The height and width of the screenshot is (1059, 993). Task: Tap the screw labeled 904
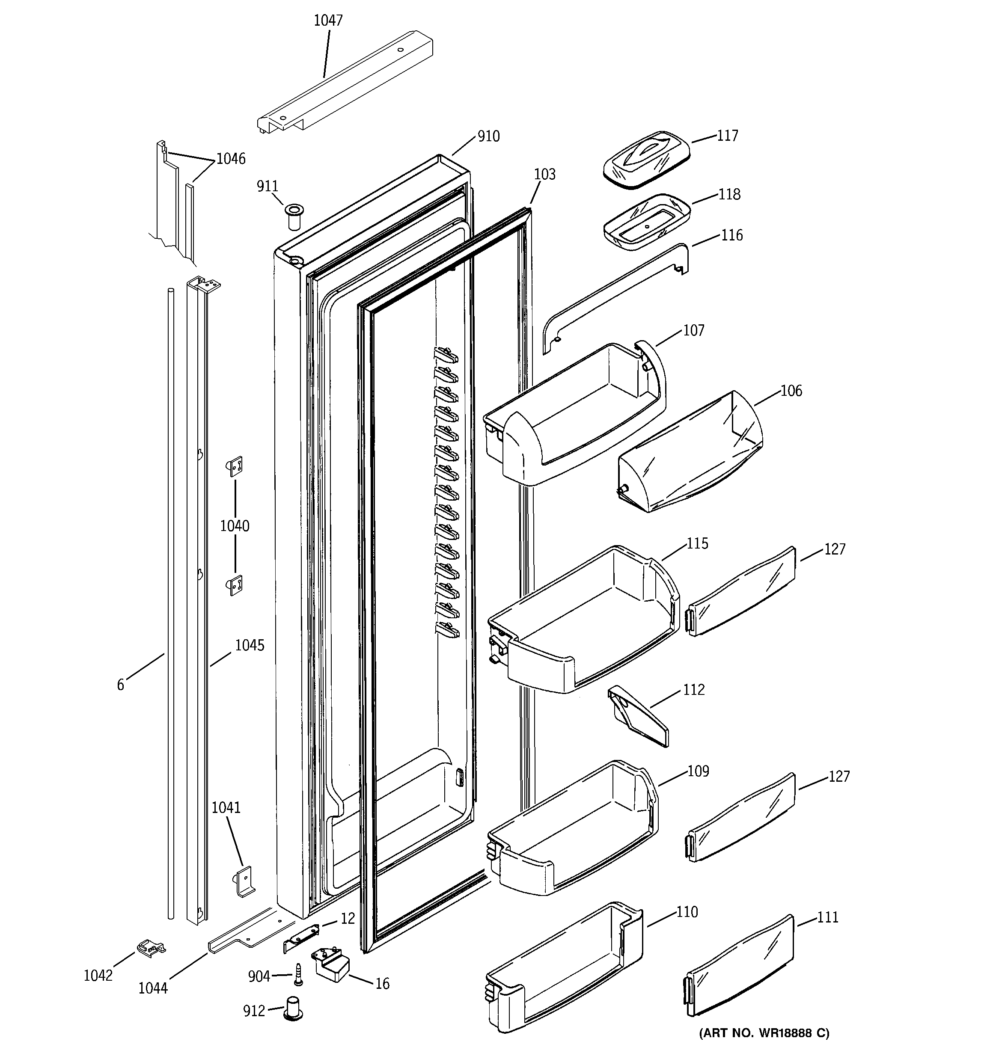[x=297, y=974]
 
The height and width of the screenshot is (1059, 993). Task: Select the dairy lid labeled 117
[x=647, y=159]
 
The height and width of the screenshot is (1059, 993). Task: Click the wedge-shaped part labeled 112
[x=637, y=716]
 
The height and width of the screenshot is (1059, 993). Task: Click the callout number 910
[x=488, y=136]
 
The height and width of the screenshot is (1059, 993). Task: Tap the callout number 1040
[x=235, y=526]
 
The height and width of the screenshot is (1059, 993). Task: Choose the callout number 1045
[x=250, y=646]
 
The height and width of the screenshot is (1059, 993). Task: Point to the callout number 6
[x=120, y=685]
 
